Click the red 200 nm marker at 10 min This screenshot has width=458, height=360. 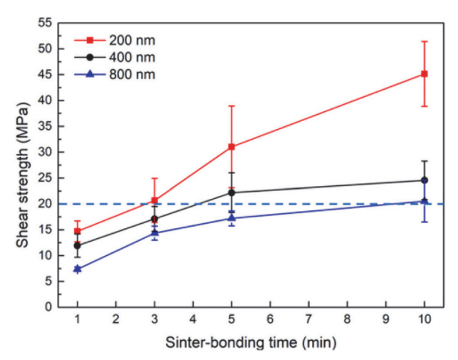(425, 73)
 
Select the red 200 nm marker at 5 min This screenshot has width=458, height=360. (231, 147)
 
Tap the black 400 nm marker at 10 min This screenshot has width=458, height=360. (425, 180)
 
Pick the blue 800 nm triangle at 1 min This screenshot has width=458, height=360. (77, 269)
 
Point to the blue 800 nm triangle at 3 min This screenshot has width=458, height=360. (155, 233)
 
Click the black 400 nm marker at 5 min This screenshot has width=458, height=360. (231, 192)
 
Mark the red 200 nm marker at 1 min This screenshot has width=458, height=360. (77, 231)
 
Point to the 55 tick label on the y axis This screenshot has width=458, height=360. (44, 23)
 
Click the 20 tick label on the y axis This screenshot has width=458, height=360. (44, 204)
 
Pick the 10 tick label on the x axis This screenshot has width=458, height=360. (425, 320)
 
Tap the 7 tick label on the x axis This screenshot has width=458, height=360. (308, 320)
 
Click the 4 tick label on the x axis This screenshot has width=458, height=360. (193, 320)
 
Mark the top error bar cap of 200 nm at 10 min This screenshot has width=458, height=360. (425, 41)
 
